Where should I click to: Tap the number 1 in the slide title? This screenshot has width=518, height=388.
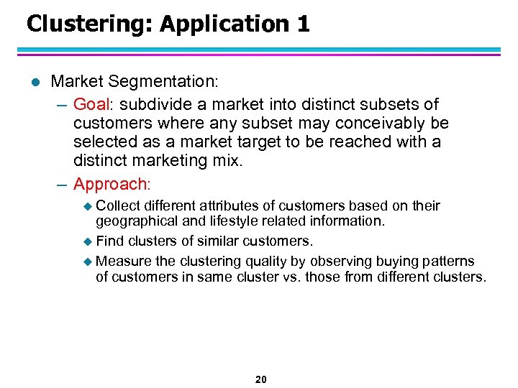point(303,24)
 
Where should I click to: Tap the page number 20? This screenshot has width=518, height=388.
point(260,379)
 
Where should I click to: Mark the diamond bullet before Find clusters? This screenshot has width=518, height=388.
point(88,241)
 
